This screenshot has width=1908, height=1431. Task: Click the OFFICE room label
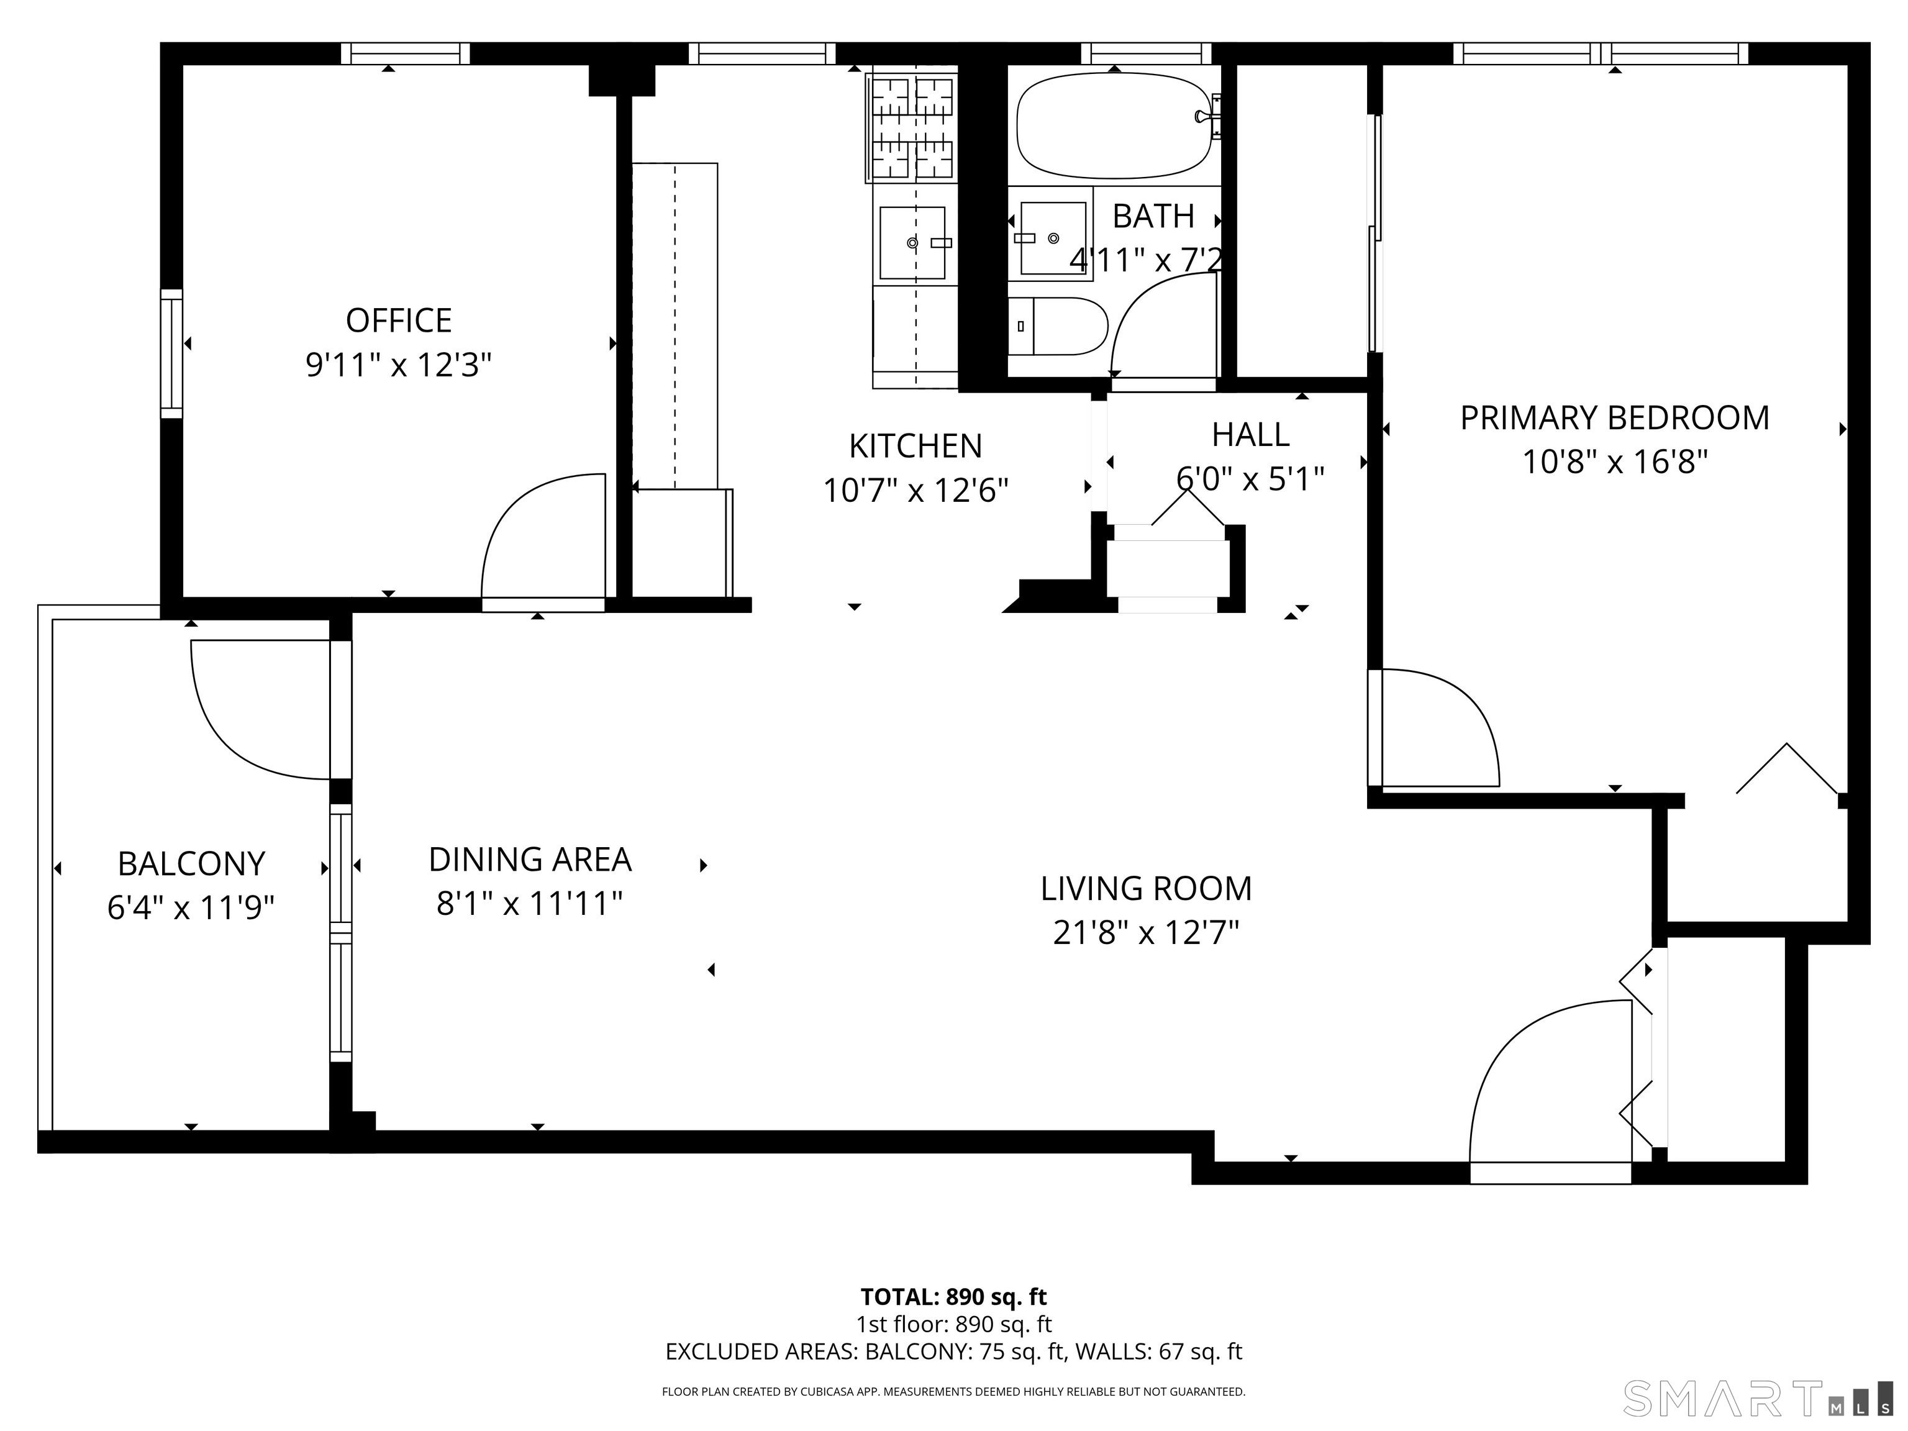tap(399, 321)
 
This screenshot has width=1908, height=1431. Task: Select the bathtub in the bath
tap(1113, 126)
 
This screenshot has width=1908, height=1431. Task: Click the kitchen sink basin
tap(912, 243)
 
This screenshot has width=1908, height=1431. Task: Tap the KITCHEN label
tap(915, 447)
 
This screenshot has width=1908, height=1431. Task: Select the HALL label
tap(1250, 435)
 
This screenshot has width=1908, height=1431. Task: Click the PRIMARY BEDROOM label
tap(1614, 419)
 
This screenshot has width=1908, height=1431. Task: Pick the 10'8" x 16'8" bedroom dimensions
tap(1614, 462)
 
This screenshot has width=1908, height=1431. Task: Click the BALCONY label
tap(191, 863)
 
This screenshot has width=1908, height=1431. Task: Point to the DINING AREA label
tap(530, 860)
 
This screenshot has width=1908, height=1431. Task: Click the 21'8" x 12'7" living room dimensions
tap(1145, 932)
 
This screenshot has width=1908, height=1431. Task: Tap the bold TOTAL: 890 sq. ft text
tap(953, 1296)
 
